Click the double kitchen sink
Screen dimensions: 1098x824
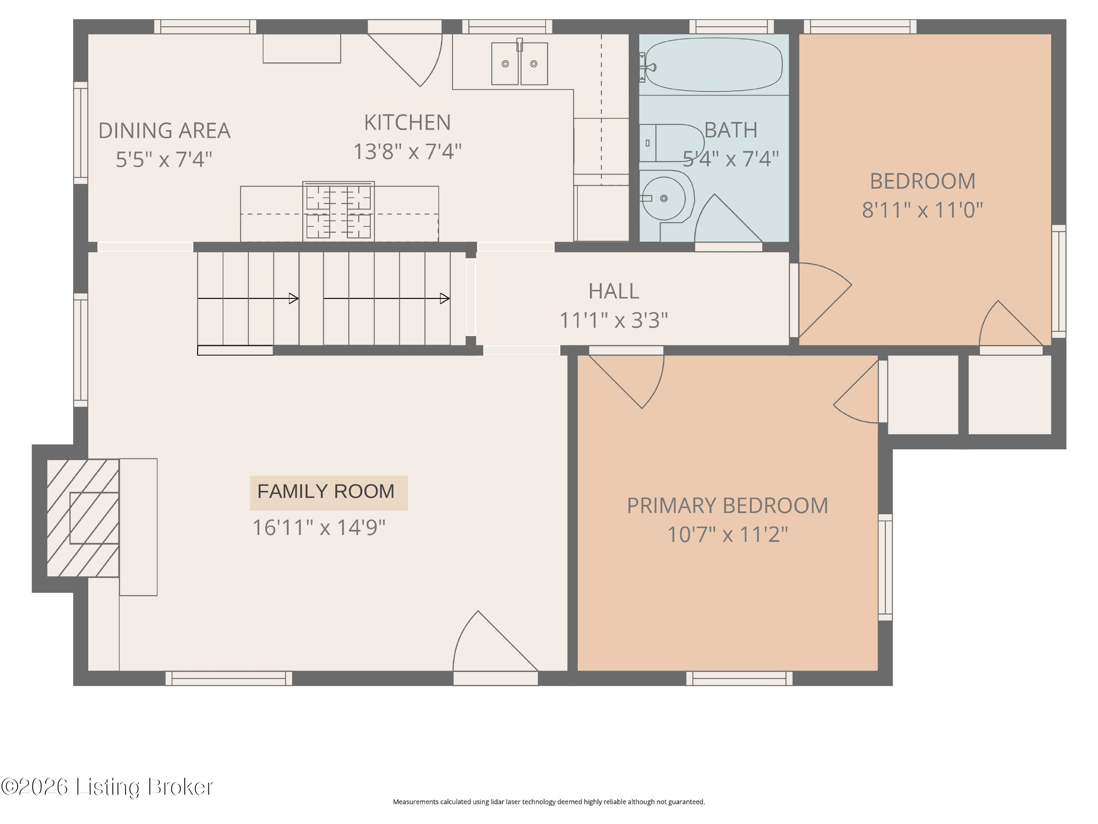pos(520,63)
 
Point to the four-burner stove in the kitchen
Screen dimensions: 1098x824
pos(338,211)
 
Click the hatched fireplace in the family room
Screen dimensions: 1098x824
pos(83,518)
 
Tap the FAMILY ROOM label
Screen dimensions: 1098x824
pos(326,492)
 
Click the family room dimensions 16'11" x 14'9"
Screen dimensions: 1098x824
pos(319,528)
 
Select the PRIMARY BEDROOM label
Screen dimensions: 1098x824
pos(727,506)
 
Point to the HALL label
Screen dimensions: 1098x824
pos(614,291)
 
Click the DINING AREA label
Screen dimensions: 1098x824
pos(164,131)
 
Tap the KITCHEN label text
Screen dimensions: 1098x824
pos(407,123)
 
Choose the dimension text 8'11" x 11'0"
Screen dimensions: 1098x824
pos(922,210)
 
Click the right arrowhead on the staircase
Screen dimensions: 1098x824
pos(445,299)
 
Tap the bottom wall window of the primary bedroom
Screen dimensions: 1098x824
pos(740,678)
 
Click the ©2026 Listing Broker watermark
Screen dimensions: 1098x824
pos(107,787)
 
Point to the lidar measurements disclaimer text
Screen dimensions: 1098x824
pos(549,802)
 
